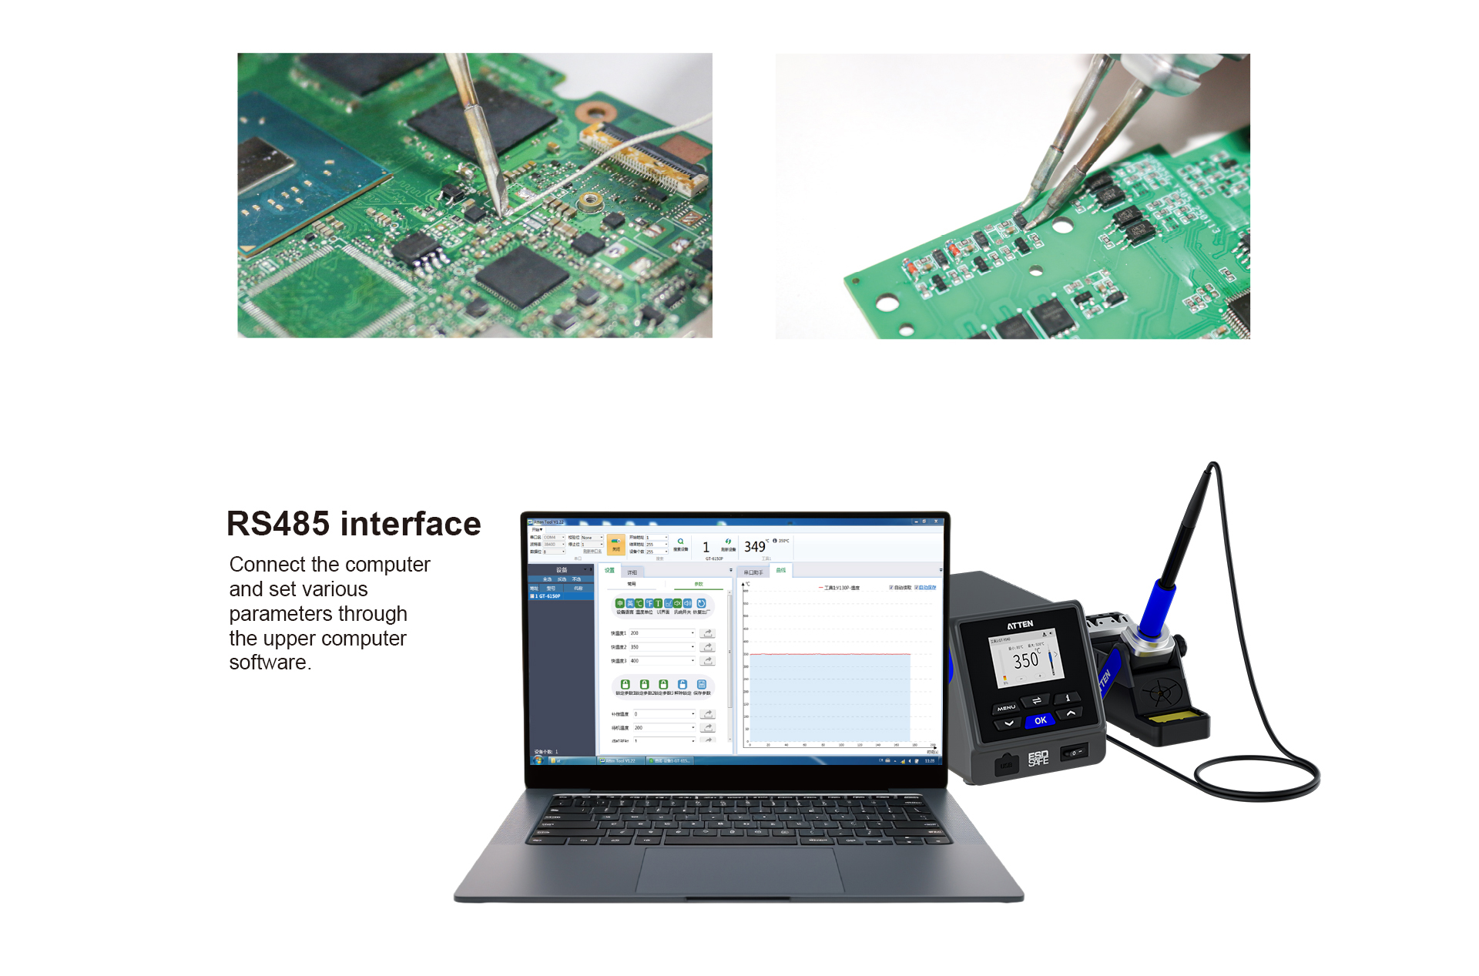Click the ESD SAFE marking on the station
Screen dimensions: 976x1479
tap(1038, 758)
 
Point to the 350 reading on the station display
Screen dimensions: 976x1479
tap(1026, 660)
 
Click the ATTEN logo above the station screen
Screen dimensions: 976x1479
tap(1020, 624)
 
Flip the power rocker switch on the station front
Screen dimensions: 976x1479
tap(1074, 753)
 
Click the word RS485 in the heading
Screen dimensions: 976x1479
tap(278, 524)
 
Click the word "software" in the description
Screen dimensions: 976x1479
tap(268, 662)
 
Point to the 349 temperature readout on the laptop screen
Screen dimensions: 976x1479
tap(754, 547)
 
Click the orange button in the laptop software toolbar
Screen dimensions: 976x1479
tap(615, 545)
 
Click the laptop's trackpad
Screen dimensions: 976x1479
tap(739, 871)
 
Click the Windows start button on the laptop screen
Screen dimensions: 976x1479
tap(538, 760)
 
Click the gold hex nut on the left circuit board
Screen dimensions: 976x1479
tap(589, 201)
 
